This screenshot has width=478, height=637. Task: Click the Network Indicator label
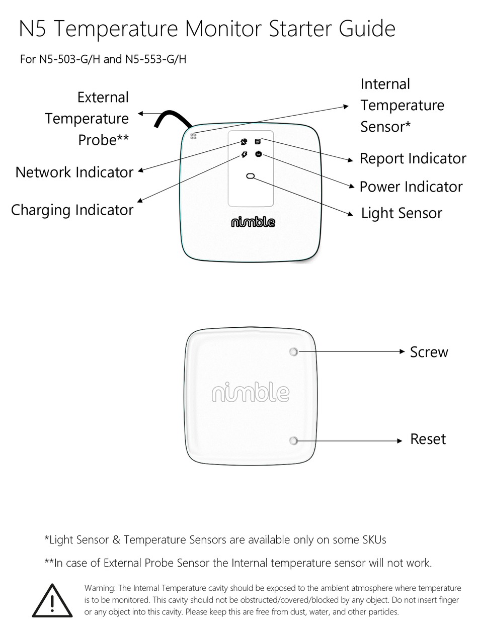click(74, 172)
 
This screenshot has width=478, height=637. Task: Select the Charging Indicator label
click(72, 210)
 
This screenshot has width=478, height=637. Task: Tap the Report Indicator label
click(413, 159)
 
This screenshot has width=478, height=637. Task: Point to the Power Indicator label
click(411, 187)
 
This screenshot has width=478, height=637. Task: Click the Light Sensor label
click(401, 213)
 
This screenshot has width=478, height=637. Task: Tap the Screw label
click(429, 352)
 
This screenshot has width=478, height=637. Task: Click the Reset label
click(428, 439)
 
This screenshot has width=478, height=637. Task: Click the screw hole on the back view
click(294, 352)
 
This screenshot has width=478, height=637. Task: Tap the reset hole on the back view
click(294, 441)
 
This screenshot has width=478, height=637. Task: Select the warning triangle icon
click(52, 601)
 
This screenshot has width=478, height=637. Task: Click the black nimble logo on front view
click(253, 222)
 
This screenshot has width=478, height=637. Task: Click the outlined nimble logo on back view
click(251, 393)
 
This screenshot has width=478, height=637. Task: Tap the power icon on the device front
click(258, 154)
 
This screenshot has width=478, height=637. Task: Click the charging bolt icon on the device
click(244, 154)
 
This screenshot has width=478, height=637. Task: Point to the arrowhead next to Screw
click(402, 351)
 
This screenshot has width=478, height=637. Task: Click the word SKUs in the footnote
click(374, 540)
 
